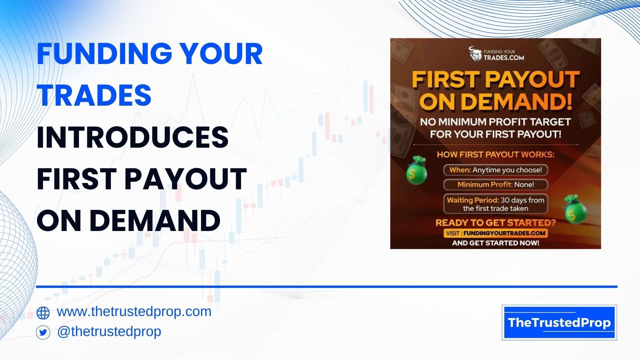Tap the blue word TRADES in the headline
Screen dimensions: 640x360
tap(94, 95)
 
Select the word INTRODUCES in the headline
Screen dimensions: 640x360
tap(133, 137)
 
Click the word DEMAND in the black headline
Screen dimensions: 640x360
tap(155, 220)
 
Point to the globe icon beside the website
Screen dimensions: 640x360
tap(43, 313)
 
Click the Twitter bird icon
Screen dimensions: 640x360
tap(43, 332)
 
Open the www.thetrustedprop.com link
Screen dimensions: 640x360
tap(134, 312)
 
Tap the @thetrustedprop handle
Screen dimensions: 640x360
tap(109, 331)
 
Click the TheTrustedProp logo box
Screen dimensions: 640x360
tap(559, 322)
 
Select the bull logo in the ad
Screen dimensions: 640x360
tap(476, 54)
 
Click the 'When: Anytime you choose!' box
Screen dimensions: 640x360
tap(496, 170)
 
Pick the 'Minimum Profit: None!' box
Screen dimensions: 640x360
tap(496, 185)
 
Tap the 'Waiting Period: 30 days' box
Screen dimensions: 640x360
tap(496, 204)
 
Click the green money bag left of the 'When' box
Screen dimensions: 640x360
tap(415, 170)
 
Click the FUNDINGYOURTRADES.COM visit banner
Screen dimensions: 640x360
tap(496, 233)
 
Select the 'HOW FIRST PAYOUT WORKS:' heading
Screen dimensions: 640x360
tap(496, 155)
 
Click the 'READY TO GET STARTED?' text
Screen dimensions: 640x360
tap(496, 223)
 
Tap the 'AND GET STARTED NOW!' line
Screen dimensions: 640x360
tap(496, 243)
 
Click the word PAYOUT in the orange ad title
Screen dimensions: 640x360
tap(533, 80)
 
